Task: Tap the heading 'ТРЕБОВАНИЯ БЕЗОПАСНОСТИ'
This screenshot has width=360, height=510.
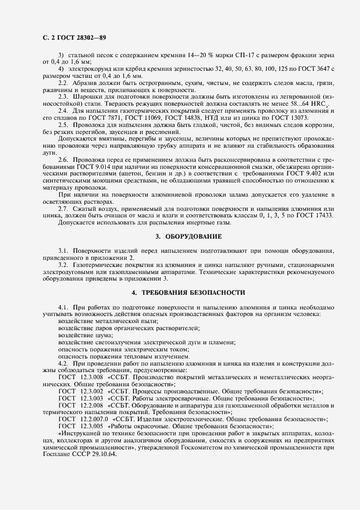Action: point(190,293)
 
